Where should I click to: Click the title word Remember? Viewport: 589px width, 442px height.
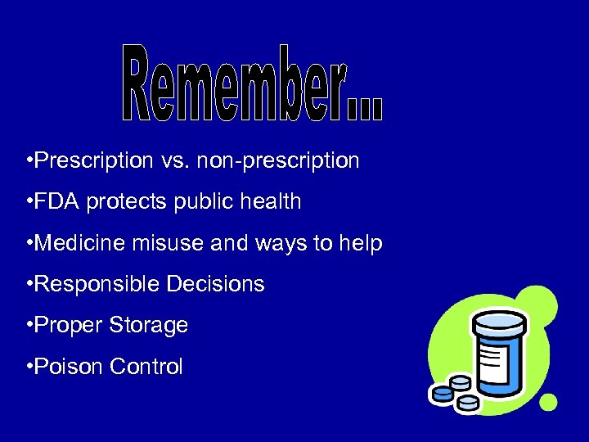point(254,84)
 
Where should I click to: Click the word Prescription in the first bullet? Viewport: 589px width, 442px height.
point(88,160)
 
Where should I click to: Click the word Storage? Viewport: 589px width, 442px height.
point(150,325)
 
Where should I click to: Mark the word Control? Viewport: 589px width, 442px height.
point(146,366)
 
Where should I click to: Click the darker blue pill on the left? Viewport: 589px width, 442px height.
point(442,395)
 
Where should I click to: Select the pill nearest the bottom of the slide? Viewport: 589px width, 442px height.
point(468,403)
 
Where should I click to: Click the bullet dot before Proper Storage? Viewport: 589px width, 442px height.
point(29,325)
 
